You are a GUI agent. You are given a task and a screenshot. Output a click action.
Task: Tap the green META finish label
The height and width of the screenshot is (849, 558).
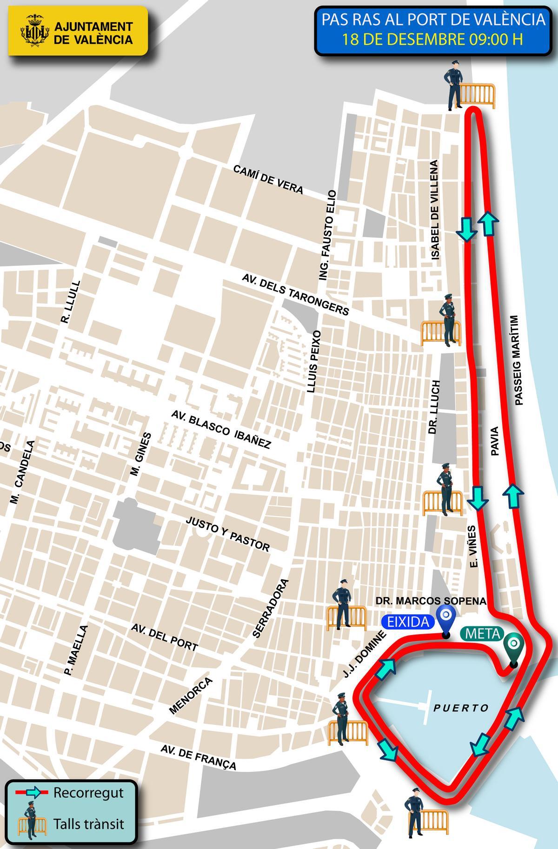(x=480, y=633)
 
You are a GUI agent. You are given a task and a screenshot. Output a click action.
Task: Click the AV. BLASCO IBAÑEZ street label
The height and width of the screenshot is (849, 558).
(x=221, y=429)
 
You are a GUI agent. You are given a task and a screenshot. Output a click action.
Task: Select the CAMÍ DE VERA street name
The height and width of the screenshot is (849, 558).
(x=268, y=179)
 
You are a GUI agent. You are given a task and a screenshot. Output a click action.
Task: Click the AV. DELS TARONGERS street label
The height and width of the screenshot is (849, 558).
(x=295, y=294)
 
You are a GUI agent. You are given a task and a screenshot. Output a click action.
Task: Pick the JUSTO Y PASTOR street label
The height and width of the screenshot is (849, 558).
(x=228, y=534)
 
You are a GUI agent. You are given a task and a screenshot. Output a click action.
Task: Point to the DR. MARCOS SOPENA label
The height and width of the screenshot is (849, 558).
(x=431, y=601)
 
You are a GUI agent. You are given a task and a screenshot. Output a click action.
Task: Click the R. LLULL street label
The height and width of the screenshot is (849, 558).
(x=71, y=302)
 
